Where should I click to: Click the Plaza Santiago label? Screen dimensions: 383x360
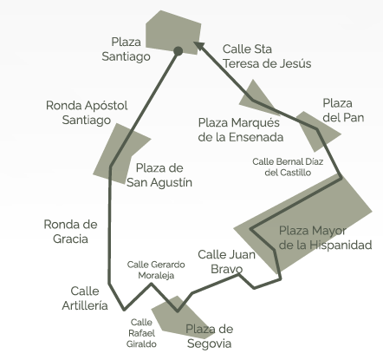[126, 49]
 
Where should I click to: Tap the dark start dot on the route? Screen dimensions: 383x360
[179, 51]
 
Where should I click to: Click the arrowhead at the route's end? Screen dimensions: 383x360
[198, 46]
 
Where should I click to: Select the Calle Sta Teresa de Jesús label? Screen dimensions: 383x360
[267, 56]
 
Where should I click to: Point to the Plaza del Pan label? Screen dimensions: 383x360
[343, 110]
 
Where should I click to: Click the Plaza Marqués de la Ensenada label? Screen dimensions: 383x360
[241, 130]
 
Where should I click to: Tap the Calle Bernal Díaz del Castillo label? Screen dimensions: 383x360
[288, 167]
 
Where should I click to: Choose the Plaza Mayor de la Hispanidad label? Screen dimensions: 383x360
[325, 238]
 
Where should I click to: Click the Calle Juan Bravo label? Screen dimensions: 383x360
[227, 262]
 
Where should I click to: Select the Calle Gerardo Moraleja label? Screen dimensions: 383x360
[156, 270]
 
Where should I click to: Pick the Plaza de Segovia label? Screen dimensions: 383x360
[210, 337]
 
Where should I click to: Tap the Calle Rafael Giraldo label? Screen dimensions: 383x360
[141, 333]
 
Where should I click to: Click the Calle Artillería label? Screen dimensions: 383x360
[85, 298]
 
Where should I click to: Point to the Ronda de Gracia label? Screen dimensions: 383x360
[70, 232]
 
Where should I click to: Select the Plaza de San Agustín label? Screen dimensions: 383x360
[159, 175]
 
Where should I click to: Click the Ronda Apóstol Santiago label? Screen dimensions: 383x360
[87, 113]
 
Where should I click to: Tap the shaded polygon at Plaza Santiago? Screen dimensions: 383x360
[173, 32]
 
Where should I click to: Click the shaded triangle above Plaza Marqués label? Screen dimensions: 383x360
[256, 98]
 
